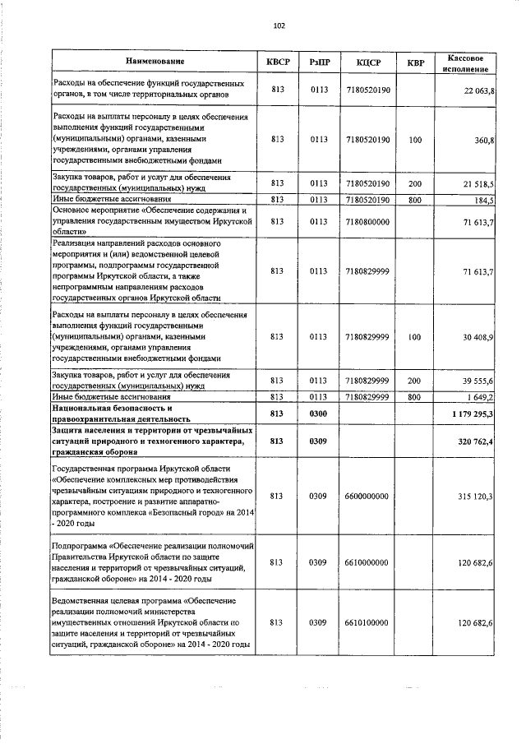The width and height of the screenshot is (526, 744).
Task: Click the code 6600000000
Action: tap(367, 496)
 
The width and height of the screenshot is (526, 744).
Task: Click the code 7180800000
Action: tap(367, 221)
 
